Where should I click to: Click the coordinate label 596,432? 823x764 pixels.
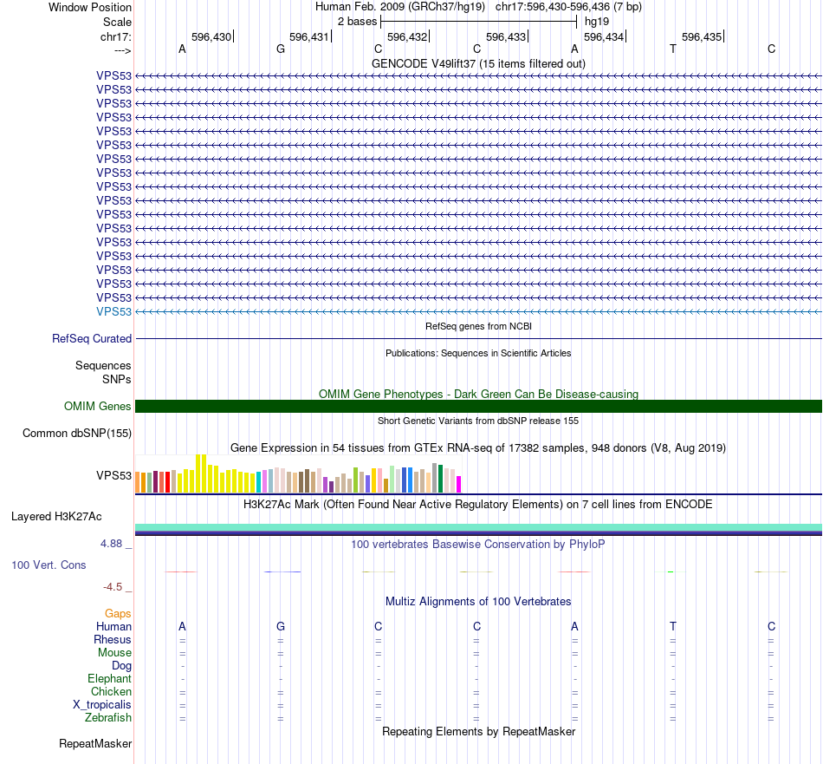[407, 37]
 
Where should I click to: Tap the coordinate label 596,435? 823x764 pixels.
[702, 37]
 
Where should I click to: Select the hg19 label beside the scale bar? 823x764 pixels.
[597, 21]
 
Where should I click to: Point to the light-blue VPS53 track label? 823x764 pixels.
[113, 311]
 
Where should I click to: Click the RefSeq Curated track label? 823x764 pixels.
[92, 339]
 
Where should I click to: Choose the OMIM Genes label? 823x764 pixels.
[98, 406]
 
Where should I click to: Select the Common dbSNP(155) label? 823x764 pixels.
[77, 434]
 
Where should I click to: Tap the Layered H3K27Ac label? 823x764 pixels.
[56, 517]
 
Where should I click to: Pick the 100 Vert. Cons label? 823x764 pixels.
[49, 565]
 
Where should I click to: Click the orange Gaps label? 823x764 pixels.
[118, 614]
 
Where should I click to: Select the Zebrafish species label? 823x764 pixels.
[108, 718]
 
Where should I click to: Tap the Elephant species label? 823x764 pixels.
[109, 679]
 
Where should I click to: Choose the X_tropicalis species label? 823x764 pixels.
[102, 705]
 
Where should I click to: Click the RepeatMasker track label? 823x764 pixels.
[95, 744]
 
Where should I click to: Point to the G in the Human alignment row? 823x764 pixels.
[281, 626]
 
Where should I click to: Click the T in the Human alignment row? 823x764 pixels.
[673, 626]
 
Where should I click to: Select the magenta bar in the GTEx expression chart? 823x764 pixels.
[459, 484]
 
